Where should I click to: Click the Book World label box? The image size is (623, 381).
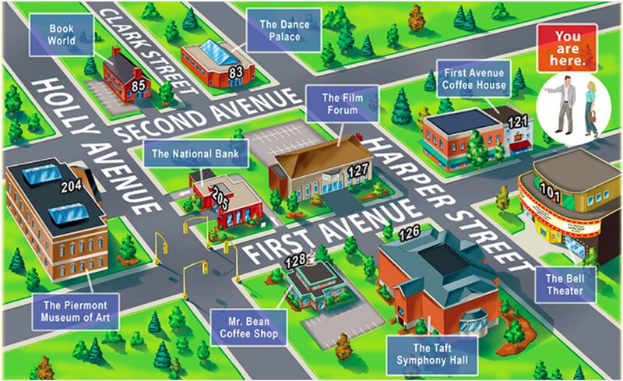click(x=62, y=34)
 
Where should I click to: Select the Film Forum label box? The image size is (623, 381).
click(x=342, y=104)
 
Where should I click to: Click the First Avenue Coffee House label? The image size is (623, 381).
click(x=471, y=77)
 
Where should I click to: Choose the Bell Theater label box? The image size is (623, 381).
click(x=565, y=284)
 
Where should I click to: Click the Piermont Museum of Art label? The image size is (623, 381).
click(x=76, y=311)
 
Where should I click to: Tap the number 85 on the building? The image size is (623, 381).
click(x=140, y=85)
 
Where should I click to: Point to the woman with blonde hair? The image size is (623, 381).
click(x=591, y=108)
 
